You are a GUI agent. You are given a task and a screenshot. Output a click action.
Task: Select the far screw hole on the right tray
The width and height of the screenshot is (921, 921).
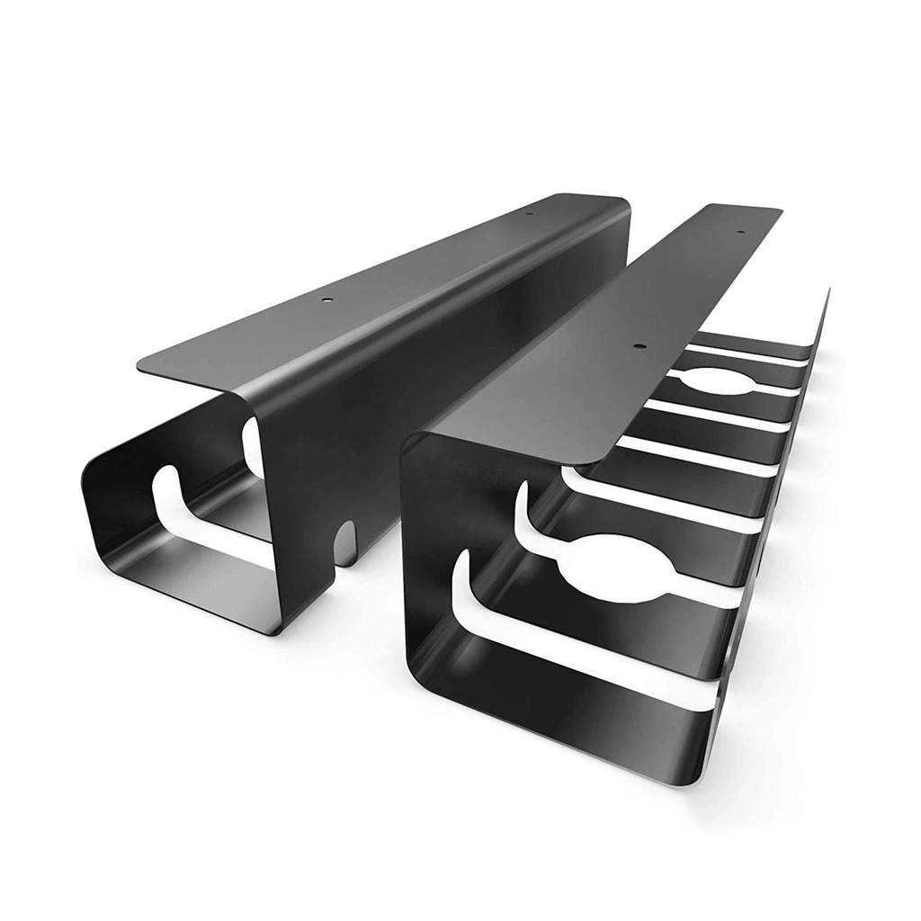pyautogui.click(x=742, y=232)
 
